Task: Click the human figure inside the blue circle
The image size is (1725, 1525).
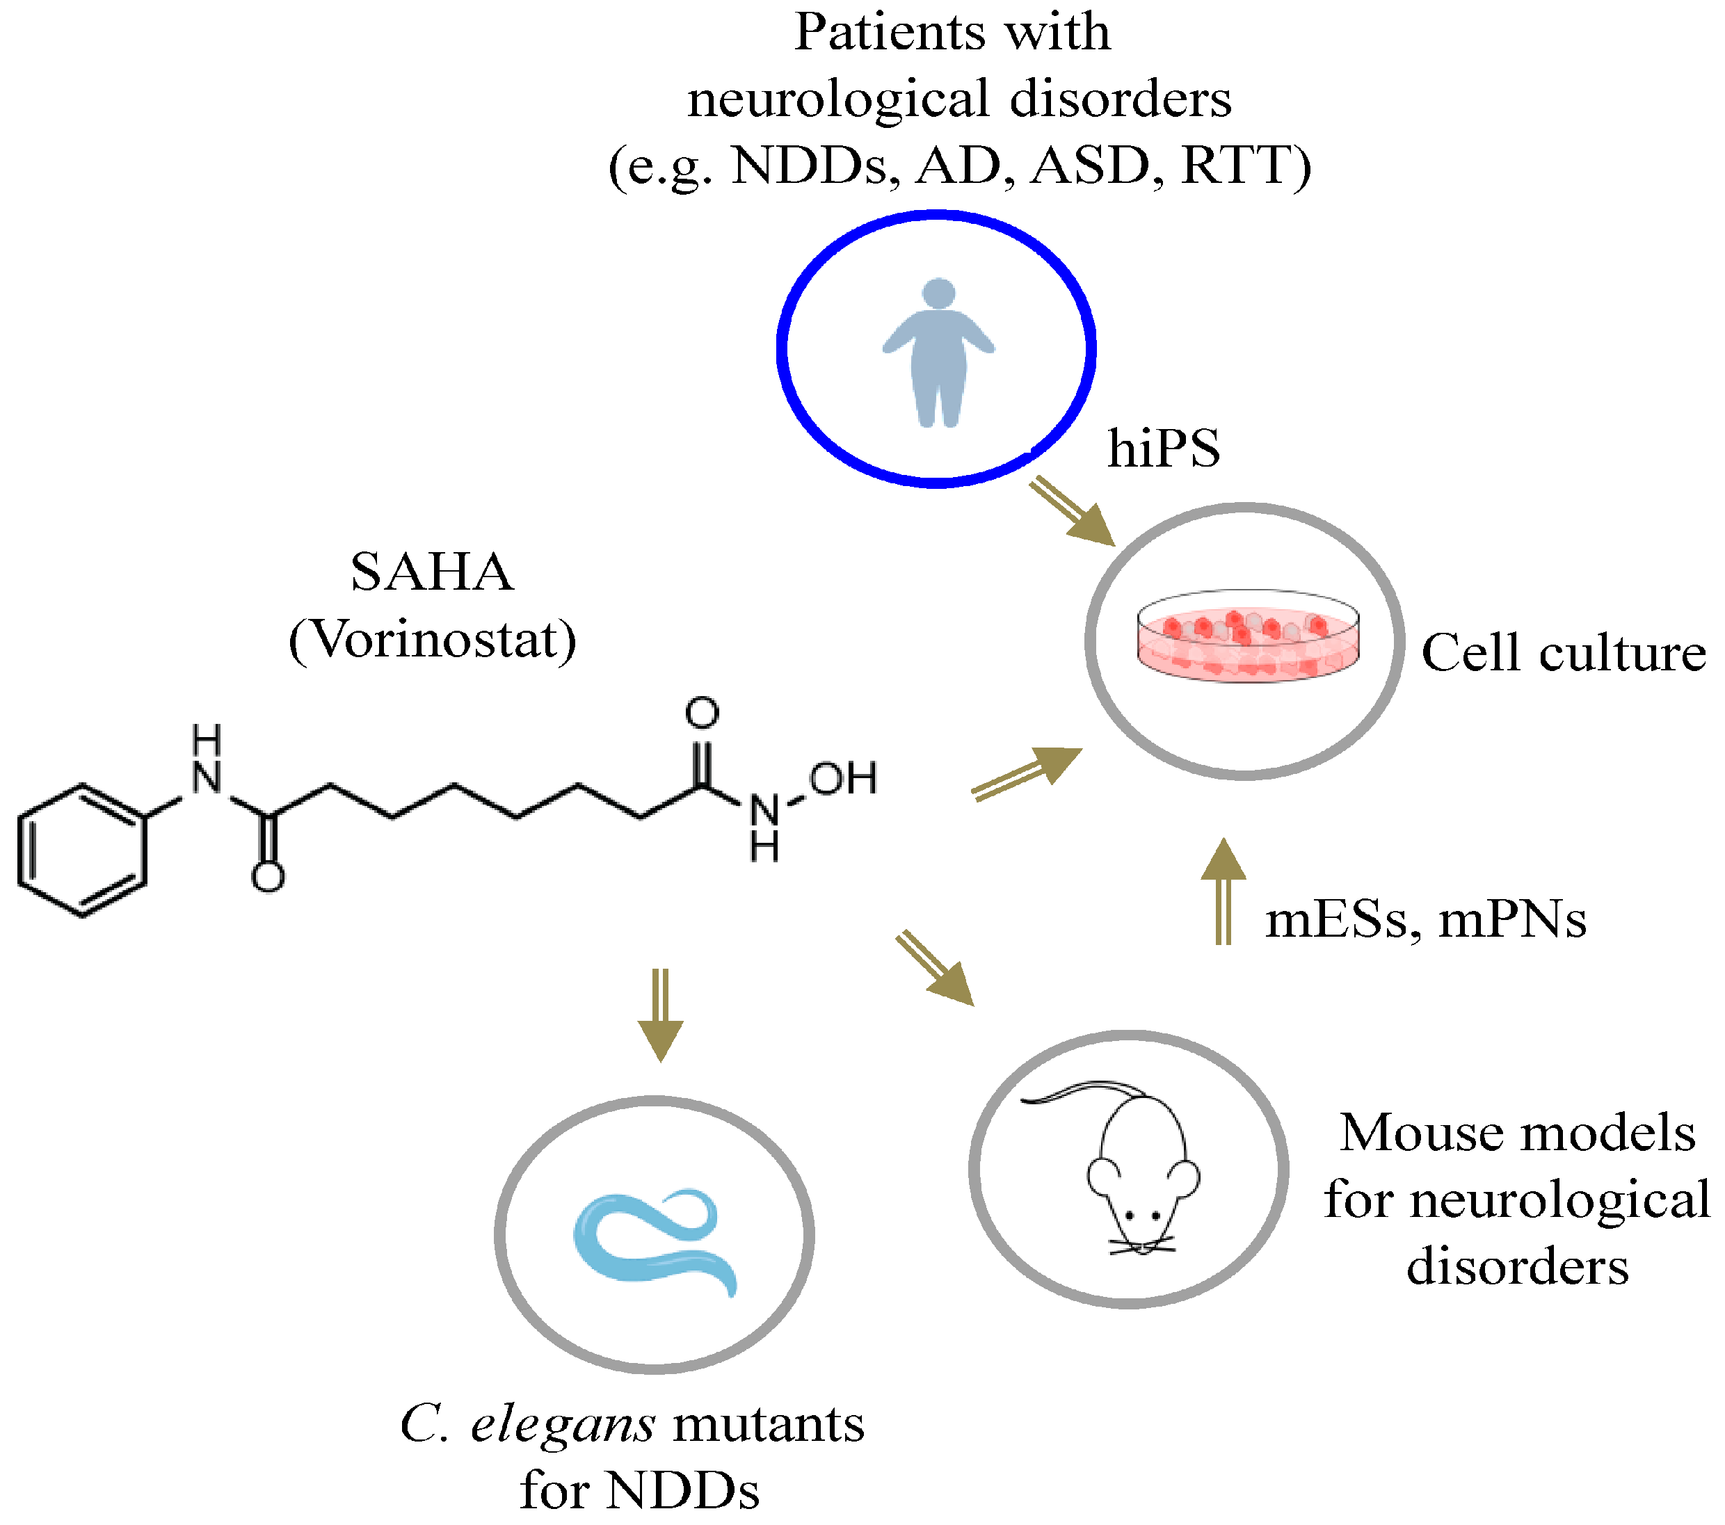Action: (x=938, y=355)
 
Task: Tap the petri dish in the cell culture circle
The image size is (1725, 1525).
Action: (x=1247, y=637)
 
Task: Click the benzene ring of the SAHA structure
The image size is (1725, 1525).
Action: (x=82, y=850)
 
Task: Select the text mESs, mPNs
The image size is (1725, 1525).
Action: (x=1425, y=920)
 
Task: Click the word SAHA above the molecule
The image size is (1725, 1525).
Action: (x=431, y=572)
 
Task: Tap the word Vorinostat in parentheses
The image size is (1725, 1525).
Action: (x=432, y=640)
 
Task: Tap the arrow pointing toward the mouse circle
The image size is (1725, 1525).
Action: (x=935, y=969)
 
